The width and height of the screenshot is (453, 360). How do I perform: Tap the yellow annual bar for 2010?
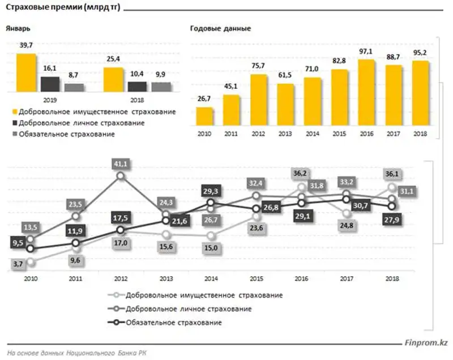coord(204,115)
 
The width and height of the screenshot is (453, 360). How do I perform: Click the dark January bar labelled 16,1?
coord(50,84)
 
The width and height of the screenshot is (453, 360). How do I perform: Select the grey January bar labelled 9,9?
coord(161,87)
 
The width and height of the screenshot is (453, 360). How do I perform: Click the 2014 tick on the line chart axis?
coord(211,278)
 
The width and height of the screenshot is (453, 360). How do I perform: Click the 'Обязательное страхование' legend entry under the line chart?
coord(174,323)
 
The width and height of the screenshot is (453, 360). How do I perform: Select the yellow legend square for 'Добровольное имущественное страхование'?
coord(14,111)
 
